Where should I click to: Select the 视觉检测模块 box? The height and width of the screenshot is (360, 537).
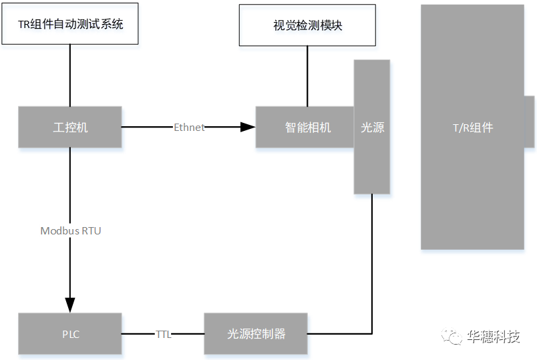pyautogui.click(x=307, y=25)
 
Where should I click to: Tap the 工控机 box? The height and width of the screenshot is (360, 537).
pyautogui.click(x=70, y=127)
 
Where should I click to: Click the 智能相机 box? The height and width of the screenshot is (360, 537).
pyautogui.click(x=305, y=127)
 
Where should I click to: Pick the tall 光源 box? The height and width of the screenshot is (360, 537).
pyautogui.click(x=371, y=127)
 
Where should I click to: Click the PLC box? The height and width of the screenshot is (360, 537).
pyautogui.click(x=70, y=333)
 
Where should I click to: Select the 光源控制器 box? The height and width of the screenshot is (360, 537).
pyautogui.click(x=256, y=333)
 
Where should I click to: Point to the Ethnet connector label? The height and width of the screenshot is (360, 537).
pyautogui.click(x=189, y=127)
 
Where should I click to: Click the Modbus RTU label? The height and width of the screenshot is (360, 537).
pyautogui.click(x=70, y=231)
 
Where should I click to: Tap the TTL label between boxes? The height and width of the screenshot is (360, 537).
pyautogui.click(x=163, y=334)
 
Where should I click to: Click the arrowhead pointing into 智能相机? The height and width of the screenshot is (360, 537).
pyautogui.click(x=248, y=127)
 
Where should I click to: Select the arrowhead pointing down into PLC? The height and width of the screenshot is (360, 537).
pyautogui.click(x=70, y=304)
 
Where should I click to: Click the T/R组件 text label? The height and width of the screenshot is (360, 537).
pyautogui.click(x=472, y=128)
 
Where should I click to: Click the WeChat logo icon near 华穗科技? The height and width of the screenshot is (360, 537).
pyautogui.click(x=454, y=337)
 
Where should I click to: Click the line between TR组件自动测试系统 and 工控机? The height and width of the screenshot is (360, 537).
pyautogui.click(x=70, y=75)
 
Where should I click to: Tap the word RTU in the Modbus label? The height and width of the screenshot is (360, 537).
pyautogui.click(x=91, y=231)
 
